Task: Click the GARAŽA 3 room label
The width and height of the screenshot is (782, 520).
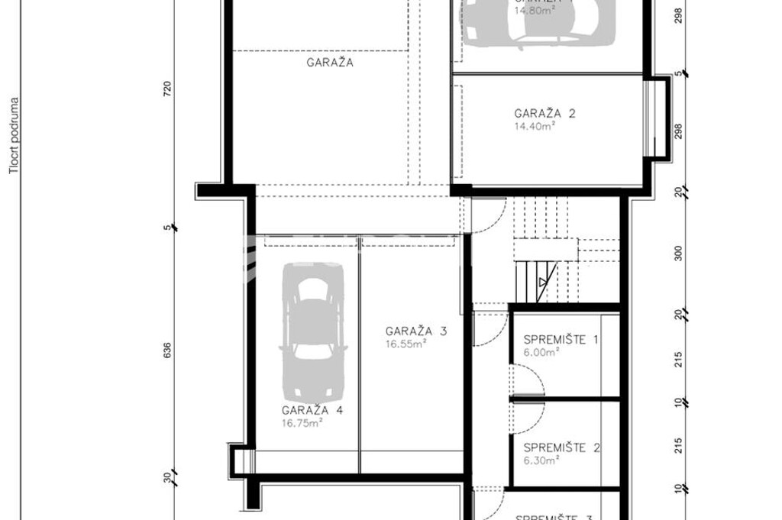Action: pyautogui.click(x=415, y=331)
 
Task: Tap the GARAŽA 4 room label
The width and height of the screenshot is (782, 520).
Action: pyautogui.click(x=312, y=410)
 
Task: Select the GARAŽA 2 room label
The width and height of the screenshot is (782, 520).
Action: pyautogui.click(x=544, y=114)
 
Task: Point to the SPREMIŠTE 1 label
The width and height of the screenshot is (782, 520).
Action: pyautogui.click(x=561, y=340)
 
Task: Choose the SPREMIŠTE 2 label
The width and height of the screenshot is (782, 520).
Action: pyautogui.click(x=561, y=448)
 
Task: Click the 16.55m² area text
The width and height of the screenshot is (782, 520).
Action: pyautogui.click(x=406, y=344)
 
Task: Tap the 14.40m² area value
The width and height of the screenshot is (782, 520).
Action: pyautogui.click(x=535, y=126)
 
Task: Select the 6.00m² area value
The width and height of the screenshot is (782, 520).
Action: pyautogui.click(x=542, y=352)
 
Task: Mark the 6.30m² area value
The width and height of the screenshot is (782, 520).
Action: pyautogui.click(x=542, y=460)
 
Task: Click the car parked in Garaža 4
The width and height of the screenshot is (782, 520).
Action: pyautogui.click(x=312, y=331)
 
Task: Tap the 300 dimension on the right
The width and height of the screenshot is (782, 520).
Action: pyautogui.click(x=679, y=254)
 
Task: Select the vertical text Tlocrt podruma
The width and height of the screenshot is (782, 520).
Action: pyautogui.click(x=13, y=136)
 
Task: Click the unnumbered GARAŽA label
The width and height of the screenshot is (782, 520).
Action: pyautogui.click(x=330, y=63)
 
